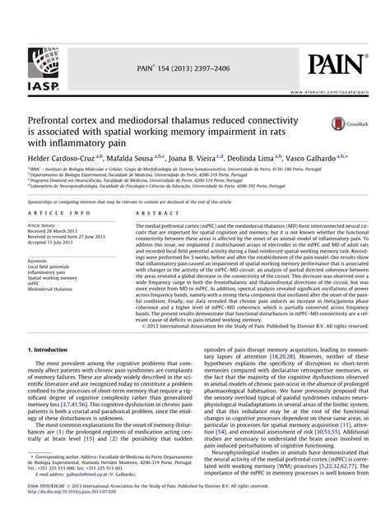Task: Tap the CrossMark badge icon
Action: [x=345, y=123]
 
